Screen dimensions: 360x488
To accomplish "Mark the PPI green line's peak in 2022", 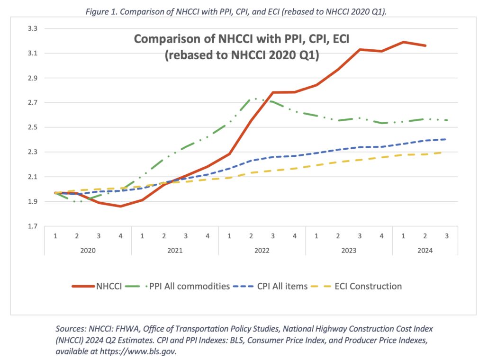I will tap(256, 99).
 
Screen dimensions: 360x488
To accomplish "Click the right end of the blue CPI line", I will tap(446, 139).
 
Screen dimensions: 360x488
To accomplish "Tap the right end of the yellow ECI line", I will tap(446, 152).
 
